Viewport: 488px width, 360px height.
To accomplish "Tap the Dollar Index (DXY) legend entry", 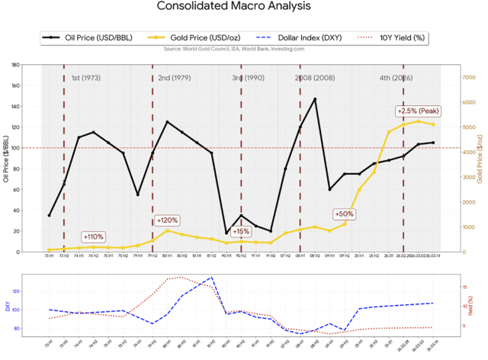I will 300,37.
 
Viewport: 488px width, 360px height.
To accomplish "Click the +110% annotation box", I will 93,236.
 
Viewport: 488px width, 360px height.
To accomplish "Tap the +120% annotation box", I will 168,220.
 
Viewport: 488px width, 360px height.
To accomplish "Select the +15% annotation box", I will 241,230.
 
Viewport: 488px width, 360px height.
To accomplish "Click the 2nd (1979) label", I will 175,78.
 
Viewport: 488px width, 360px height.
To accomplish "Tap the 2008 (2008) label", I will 315,78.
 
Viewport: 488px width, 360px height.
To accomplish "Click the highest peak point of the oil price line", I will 315,99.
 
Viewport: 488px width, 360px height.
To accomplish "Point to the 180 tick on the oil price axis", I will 15,65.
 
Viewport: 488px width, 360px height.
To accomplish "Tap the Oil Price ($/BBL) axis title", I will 6,158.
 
